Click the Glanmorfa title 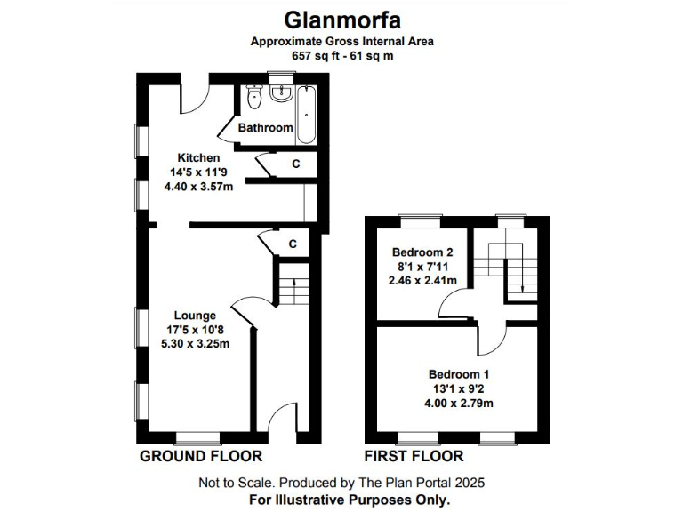click(x=341, y=19)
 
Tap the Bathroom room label click(x=265, y=128)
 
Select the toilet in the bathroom click(x=254, y=97)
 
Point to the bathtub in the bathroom click(x=306, y=113)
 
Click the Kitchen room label click(x=197, y=157)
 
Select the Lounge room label click(x=195, y=315)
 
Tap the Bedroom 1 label click(x=458, y=374)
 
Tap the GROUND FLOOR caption click(x=201, y=456)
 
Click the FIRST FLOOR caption click(x=414, y=456)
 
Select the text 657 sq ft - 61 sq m click(x=341, y=55)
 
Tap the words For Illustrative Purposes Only click(x=341, y=500)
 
